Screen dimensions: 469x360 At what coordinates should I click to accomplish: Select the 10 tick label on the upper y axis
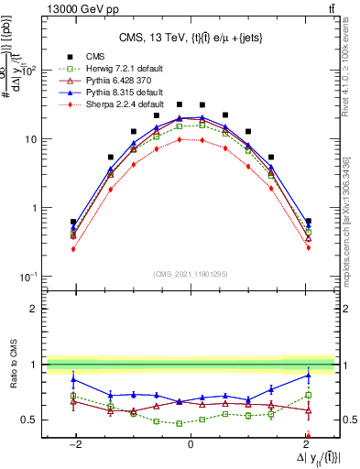(x=31, y=139)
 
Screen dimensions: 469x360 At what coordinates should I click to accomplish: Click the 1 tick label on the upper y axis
(x=36, y=208)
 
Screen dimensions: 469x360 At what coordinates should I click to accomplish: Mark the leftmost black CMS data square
(x=73, y=222)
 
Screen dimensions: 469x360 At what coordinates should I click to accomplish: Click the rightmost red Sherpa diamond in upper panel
(x=308, y=247)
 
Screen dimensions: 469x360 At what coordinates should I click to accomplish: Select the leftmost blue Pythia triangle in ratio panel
(x=73, y=378)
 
